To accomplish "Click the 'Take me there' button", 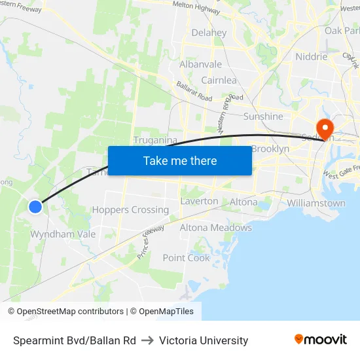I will coord(180,160).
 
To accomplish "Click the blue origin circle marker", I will coord(35,206).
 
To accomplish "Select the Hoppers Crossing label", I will coord(130,210).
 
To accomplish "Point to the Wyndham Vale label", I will coord(63,234).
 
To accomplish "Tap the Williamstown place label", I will coord(316,203).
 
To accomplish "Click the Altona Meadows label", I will coord(215,228).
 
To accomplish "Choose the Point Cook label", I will coord(187,257).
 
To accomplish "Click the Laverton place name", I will coord(199,201).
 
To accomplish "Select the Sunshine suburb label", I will coord(263,117).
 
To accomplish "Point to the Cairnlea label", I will coord(219,80).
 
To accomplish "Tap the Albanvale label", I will coord(200,64).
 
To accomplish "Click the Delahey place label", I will coord(209,33).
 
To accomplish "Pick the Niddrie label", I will coord(311,56).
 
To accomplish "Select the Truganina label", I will coord(156,140).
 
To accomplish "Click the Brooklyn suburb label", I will coord(270,149).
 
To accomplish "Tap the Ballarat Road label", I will coord(194,91).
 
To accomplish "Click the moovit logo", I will coord(321,340).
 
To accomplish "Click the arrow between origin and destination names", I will coord(147,340).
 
